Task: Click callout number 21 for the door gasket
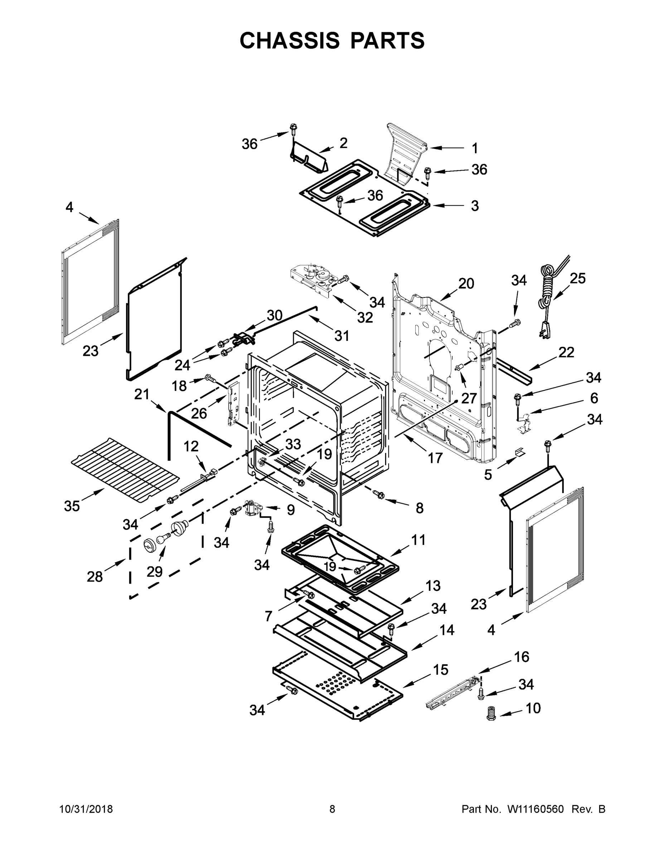142,394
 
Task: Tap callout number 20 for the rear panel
466,283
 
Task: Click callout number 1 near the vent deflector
475,148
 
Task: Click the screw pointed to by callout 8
379,494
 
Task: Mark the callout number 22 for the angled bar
566,352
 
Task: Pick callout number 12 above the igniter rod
191,446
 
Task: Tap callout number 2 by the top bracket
343,143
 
